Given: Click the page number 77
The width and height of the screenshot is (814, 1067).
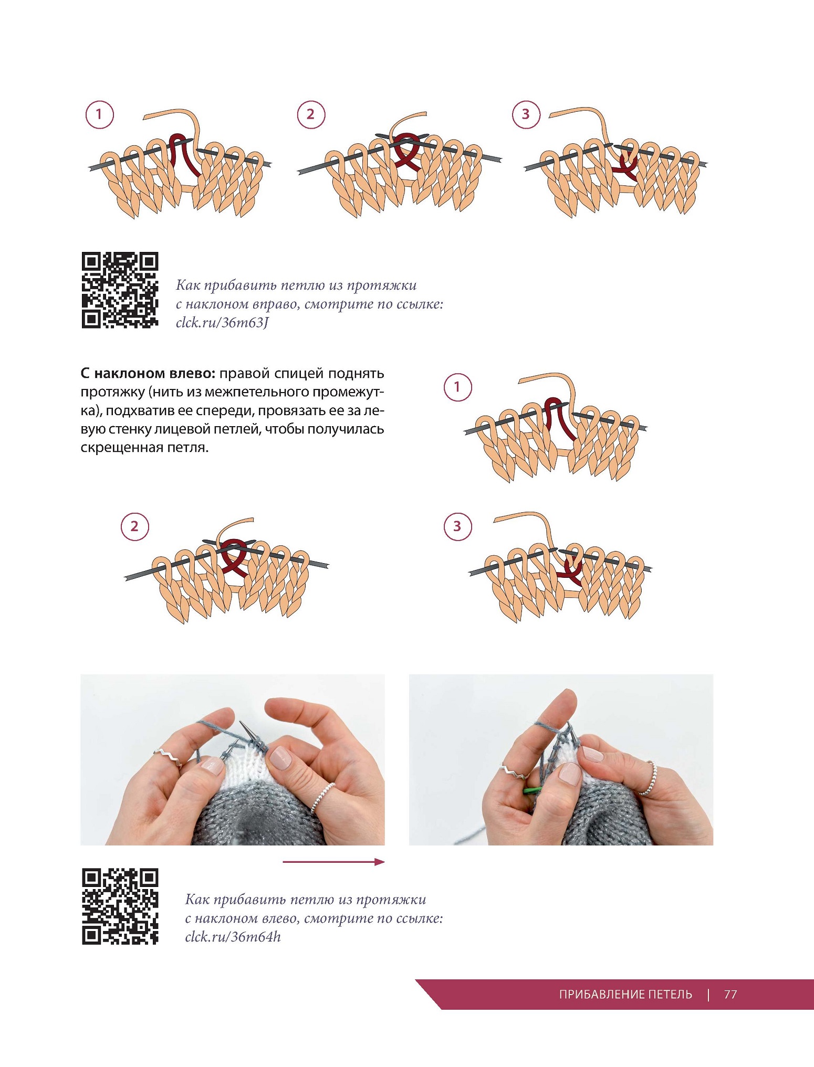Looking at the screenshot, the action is tap(730, 995).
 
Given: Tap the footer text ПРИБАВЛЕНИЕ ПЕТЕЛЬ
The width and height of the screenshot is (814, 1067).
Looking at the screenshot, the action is tap(625, 995).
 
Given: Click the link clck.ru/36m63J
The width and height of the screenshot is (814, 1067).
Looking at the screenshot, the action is tap(222, 322).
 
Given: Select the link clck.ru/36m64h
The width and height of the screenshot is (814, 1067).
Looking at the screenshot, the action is tap(233, 937).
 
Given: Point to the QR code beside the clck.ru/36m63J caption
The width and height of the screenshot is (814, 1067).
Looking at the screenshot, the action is tap(120, 290).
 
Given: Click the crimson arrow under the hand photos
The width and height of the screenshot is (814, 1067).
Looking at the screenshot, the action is tap(333, 862).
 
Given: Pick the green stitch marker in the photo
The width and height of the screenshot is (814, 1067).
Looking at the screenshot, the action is tap(532, 790).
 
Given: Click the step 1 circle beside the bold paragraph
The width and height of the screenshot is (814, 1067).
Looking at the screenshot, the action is tap(457, 387).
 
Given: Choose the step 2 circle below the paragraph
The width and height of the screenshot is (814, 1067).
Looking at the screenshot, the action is tap(135, 526).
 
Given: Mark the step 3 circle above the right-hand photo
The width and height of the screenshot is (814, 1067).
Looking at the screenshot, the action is tap(457, 526).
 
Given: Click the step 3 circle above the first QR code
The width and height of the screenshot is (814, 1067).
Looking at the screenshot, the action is tap(526, 114).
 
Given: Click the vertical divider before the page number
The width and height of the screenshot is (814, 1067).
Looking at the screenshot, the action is tap(708, 995).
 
